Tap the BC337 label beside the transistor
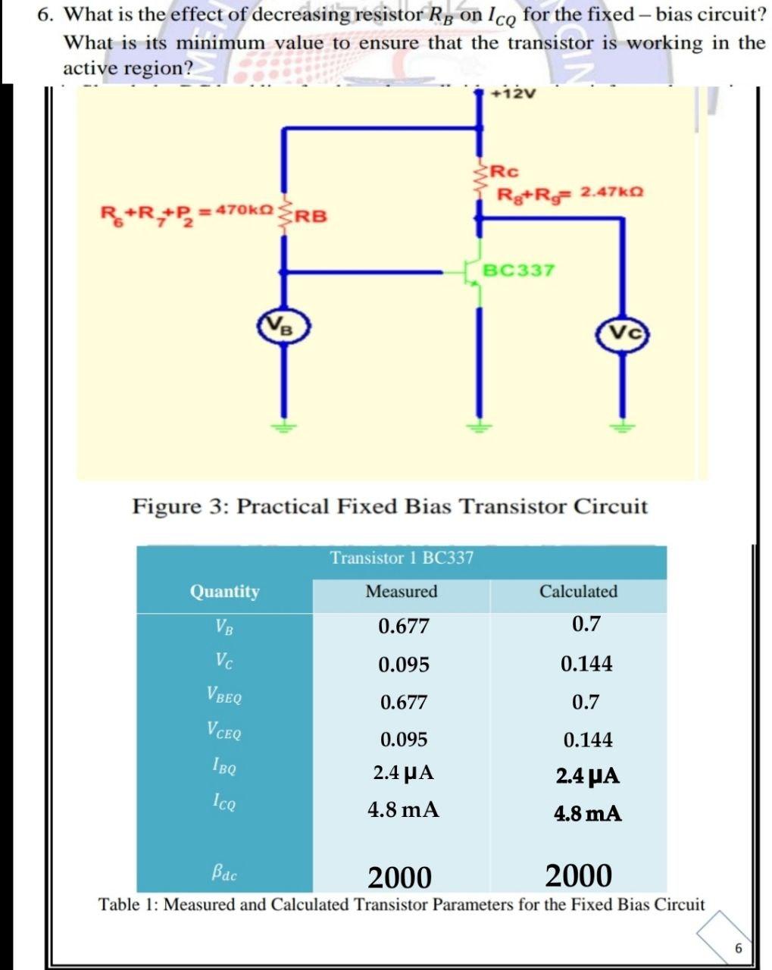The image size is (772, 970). pos(519,271)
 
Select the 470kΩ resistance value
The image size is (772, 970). pos(245,208)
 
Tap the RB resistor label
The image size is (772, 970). pos(311,216)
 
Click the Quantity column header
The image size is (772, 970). pos(224,591)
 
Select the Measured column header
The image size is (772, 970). pos(401,591)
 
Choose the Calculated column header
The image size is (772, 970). pos(578,591)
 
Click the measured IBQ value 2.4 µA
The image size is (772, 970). pos(403,773)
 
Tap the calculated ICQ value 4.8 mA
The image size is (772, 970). pos(588,814)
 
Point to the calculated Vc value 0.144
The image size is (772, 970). pos(586,664)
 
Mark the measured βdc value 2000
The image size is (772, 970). pos(399,878)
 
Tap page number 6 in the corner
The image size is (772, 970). pos(739,949)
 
